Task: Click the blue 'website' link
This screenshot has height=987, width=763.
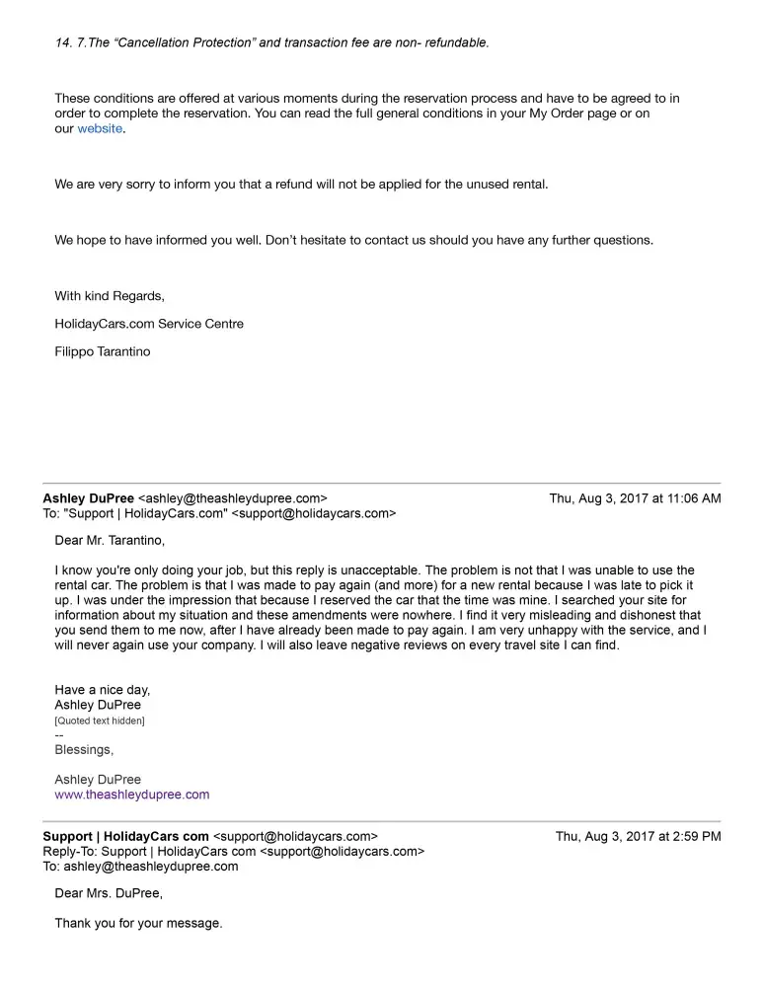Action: pos(100,129)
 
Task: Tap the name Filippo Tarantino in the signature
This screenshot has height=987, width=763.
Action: pos(103,351)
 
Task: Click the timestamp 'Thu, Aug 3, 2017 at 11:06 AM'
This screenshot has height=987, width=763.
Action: pos(635,499)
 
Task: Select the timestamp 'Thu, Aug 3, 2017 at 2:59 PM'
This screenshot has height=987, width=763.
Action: pos(638,837)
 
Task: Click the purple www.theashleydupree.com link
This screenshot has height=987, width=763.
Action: pos(131,795)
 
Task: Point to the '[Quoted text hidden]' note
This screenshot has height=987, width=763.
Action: pos(100,721)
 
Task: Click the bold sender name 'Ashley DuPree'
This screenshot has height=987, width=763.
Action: pos(88,499)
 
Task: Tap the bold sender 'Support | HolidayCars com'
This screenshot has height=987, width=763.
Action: pos(125,837)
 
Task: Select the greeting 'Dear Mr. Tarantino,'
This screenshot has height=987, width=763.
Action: pos(110,540)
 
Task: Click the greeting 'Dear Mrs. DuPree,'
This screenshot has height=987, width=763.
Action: pos(109,894)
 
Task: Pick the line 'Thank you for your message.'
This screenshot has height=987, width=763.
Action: pos(138,924)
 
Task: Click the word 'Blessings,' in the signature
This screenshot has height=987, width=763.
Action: pos(84,750)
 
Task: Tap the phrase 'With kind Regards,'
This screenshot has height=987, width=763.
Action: pos(110,296)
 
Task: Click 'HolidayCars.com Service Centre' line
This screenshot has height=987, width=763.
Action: pos(149,324)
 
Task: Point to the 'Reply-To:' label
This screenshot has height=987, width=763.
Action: pos(70,852)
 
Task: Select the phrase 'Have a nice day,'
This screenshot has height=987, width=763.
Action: pos(103,691)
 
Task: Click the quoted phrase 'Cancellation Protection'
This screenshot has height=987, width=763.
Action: pos(171,43)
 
